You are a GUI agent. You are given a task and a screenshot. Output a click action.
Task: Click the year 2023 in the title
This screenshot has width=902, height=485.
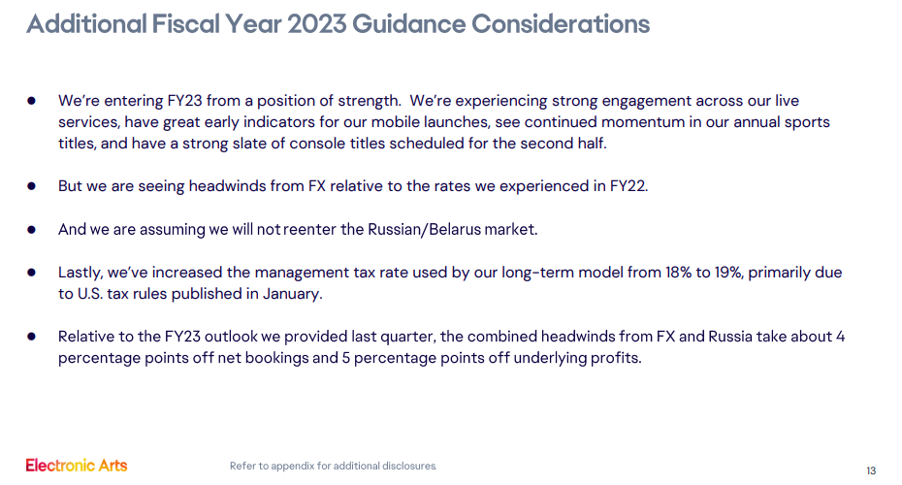(x=316, y=24)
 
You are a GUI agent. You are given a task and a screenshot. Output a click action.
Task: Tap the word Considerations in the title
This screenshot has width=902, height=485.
(x=561, y=24)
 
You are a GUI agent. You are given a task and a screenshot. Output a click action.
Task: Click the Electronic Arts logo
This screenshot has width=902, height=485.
(x=77, y=465)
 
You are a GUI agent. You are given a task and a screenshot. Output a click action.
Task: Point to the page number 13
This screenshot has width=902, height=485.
(x=871, y=470)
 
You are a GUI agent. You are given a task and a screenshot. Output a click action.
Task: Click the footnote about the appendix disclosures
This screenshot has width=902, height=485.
(x=333, y=466)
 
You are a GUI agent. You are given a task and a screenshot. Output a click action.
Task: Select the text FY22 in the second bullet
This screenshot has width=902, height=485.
(x=628, y=186)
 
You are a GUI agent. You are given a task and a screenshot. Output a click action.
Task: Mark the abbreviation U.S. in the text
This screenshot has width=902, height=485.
(x=89, y=294)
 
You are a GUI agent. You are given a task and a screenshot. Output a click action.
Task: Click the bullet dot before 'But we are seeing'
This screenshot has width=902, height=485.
(x=32, y=186)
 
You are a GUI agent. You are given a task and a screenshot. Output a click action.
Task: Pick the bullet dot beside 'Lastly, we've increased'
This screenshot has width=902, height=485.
(x=32, y=273)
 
